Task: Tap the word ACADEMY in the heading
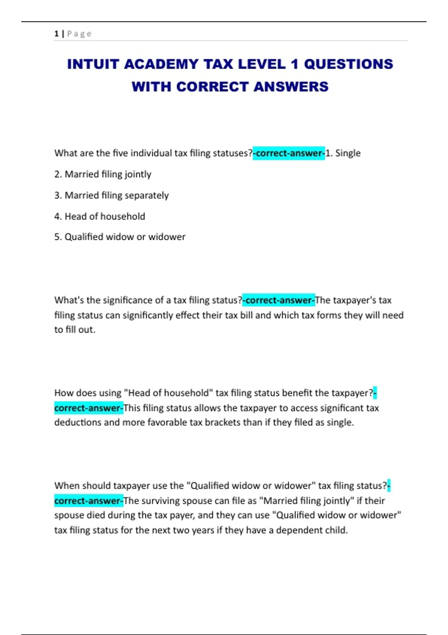coord(161,64)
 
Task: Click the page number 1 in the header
coord(56,34)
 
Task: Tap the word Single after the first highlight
coord(348,153)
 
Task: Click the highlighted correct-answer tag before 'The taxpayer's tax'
coord(279,300)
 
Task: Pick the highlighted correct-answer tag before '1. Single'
coord(289,153)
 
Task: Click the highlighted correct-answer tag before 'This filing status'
coord(88,408)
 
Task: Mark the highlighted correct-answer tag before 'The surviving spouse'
coord(88,501)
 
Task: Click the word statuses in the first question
coord(232,153)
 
